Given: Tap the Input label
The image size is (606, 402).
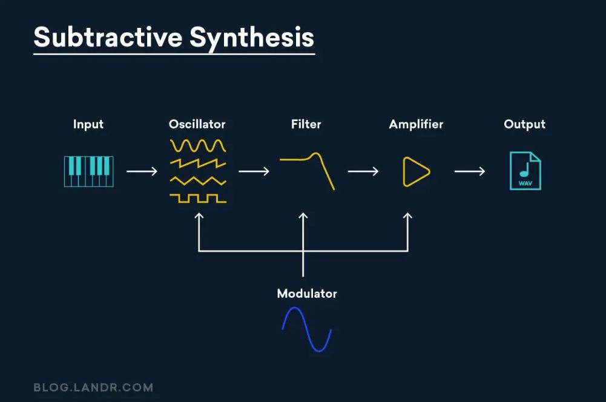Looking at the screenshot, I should pyautogui.click(x=88, y=124).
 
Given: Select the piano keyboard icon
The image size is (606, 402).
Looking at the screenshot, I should pyautogui.click(x=88, y=171).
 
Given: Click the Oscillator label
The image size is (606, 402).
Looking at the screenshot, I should pyautogui.click(x=197, y=124).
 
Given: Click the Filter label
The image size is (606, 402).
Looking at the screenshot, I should pyautogui.click(x=306, y=124).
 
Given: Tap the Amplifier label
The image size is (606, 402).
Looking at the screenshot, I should pyautogui.click(x=416, y=124).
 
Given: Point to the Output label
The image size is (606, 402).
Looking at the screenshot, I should pyautogui.click(x=524, y=124).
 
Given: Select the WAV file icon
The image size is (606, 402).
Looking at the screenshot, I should pyautogui.click(x=525, y=171).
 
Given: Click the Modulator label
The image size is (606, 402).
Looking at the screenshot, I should pyautogui.click(x=306, y=294).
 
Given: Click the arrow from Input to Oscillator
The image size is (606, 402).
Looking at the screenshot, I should pyautogui.click(x=142, y=171).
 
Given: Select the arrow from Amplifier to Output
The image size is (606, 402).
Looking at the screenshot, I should pyautogui.click(x=470, y=171).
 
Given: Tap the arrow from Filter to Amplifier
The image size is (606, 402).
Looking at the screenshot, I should pyautogui.click(x=363, y=171).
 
